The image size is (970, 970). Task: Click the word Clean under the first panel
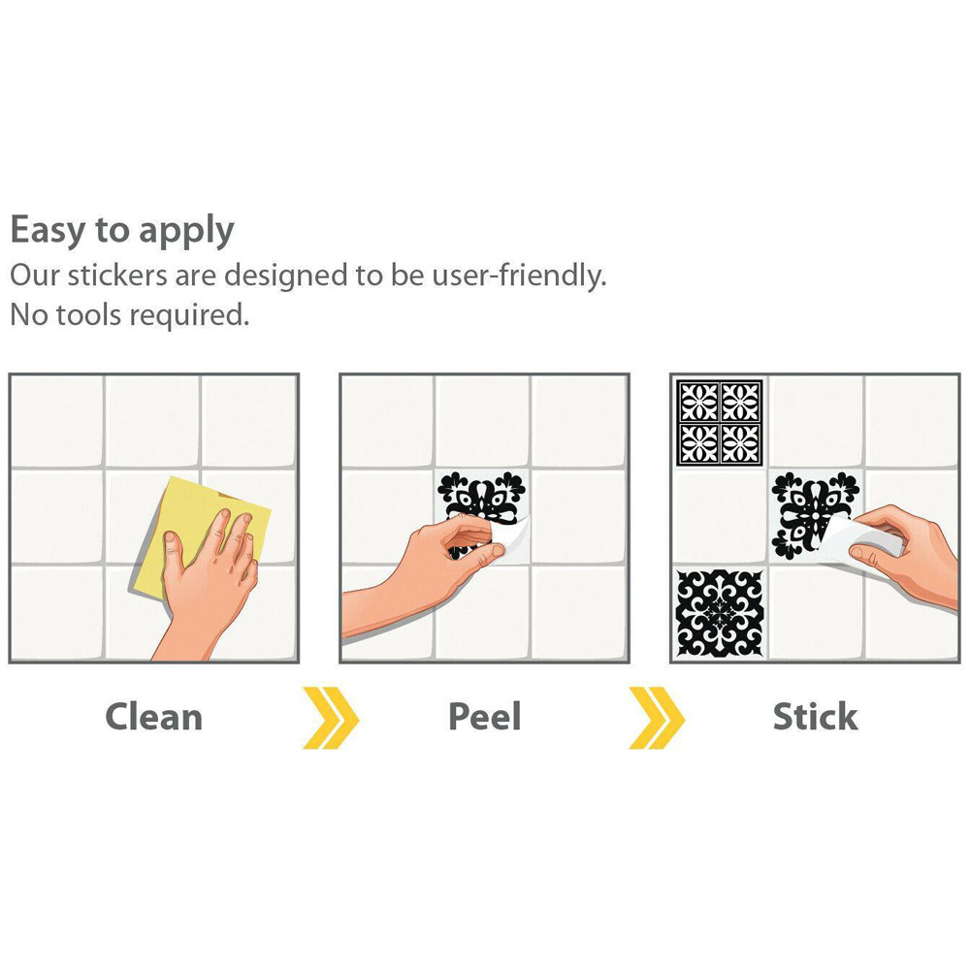154,717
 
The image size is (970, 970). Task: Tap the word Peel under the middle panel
484,717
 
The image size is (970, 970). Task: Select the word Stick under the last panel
816,717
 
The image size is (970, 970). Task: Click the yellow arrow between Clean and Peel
331,718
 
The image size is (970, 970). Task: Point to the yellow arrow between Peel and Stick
657,718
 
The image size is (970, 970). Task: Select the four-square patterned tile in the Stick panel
720,423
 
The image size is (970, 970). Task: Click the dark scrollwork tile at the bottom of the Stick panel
720,613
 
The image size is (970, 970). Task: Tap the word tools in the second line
88,315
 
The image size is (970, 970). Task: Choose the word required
189,316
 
